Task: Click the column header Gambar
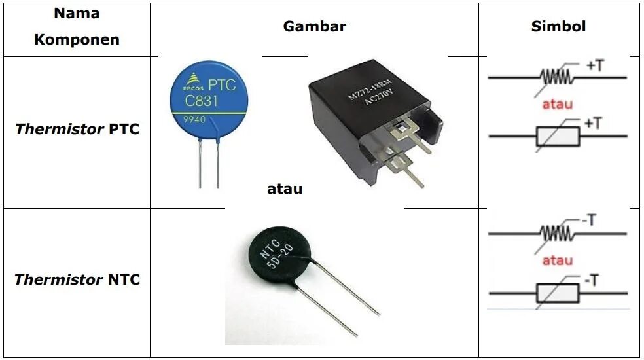tap(314, 27)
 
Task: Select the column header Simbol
tap(558, 27)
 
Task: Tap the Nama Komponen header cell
tap(77, 27)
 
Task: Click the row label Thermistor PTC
tap(77, 129)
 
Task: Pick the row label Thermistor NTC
tap(77, 280)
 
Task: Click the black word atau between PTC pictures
tap(285, 189)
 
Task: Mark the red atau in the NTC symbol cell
tap(558, 261)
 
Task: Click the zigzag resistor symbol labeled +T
tap(554, 77)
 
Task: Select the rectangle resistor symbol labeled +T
tap(557, 136)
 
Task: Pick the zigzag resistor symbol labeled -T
tap(554, 232)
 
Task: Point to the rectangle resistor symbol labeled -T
tap(557, 293)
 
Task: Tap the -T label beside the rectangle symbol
tap(590, 281)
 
